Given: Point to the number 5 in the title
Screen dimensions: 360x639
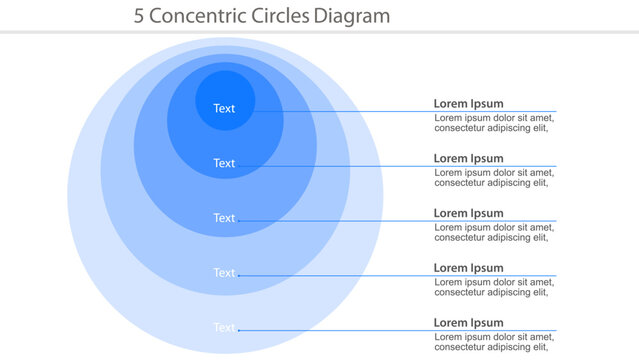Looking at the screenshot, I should (x=139, y=17).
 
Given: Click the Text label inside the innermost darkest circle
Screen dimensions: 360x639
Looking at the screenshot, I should (x=224, y=108).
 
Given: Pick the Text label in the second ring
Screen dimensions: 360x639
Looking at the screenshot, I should (x=224, y=163).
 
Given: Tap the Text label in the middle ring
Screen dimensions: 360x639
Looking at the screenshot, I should (x=224, y=218).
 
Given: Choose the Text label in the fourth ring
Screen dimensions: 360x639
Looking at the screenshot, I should (x=224, y=273).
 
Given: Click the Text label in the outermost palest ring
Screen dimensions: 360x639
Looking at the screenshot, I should (x=224, y=327).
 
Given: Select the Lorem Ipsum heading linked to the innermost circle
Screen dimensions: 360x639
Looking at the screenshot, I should (x=468, y=103).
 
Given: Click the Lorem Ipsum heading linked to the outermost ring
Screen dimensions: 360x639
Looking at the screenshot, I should (x=468, y=323).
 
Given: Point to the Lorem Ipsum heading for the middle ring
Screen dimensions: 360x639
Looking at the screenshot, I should (x=468, y=213).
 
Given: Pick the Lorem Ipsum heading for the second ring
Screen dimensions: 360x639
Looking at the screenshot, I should (x=468, y=158).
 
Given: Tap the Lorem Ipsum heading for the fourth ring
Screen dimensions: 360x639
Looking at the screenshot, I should (x=468, y=268).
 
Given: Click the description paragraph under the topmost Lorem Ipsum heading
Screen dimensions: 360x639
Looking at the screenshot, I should (x=493, y=123).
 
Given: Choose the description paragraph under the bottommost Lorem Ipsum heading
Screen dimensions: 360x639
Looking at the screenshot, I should (x=493, y=342).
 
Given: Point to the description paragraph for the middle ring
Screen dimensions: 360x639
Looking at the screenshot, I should (x=493, y=233).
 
